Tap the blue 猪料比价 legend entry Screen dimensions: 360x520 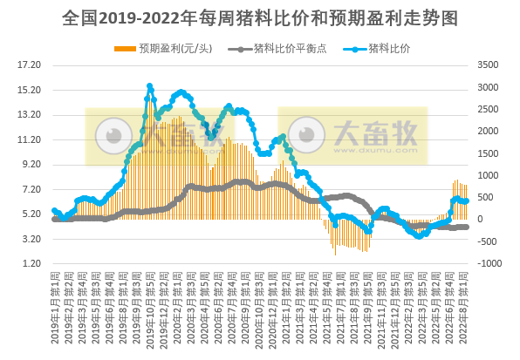[x=389, y=47]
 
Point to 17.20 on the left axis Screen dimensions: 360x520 [x=30, y=65]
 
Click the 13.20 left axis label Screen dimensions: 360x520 [x=30, y=114]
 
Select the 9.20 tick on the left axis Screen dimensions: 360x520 [x=31, y=164]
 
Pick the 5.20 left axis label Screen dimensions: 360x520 [x=31, y=214]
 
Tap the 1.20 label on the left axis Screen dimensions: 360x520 [x=31, y=263]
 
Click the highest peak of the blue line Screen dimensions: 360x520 [x=150, y=86]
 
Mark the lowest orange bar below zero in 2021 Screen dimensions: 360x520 [x=335, y=255]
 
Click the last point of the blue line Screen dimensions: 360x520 [x=466, y=201]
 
